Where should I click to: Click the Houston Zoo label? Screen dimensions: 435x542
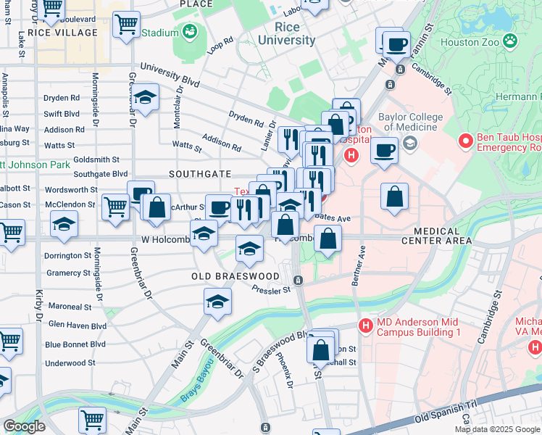pyautogui.click(x=470, y=42)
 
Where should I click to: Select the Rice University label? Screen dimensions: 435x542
pyautogui.click(x=295, y=34)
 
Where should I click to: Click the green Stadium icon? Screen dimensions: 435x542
pyautogui.click(x=190, y=32)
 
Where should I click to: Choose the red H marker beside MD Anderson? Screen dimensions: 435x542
pyautogui.click(x=367, y=327)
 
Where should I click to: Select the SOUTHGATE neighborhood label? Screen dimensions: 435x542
pyautogui.click(x=200, y=174)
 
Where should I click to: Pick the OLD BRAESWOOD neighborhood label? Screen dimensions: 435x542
pyautogui.click(x=235, y=276)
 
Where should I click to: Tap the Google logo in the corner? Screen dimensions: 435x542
pyautogui.click(x=25, y=426)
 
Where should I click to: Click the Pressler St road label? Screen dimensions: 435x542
pyautogui.click(x=271, y=290)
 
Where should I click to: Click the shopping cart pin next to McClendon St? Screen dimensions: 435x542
pyautogui.click(x=116, y=207)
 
